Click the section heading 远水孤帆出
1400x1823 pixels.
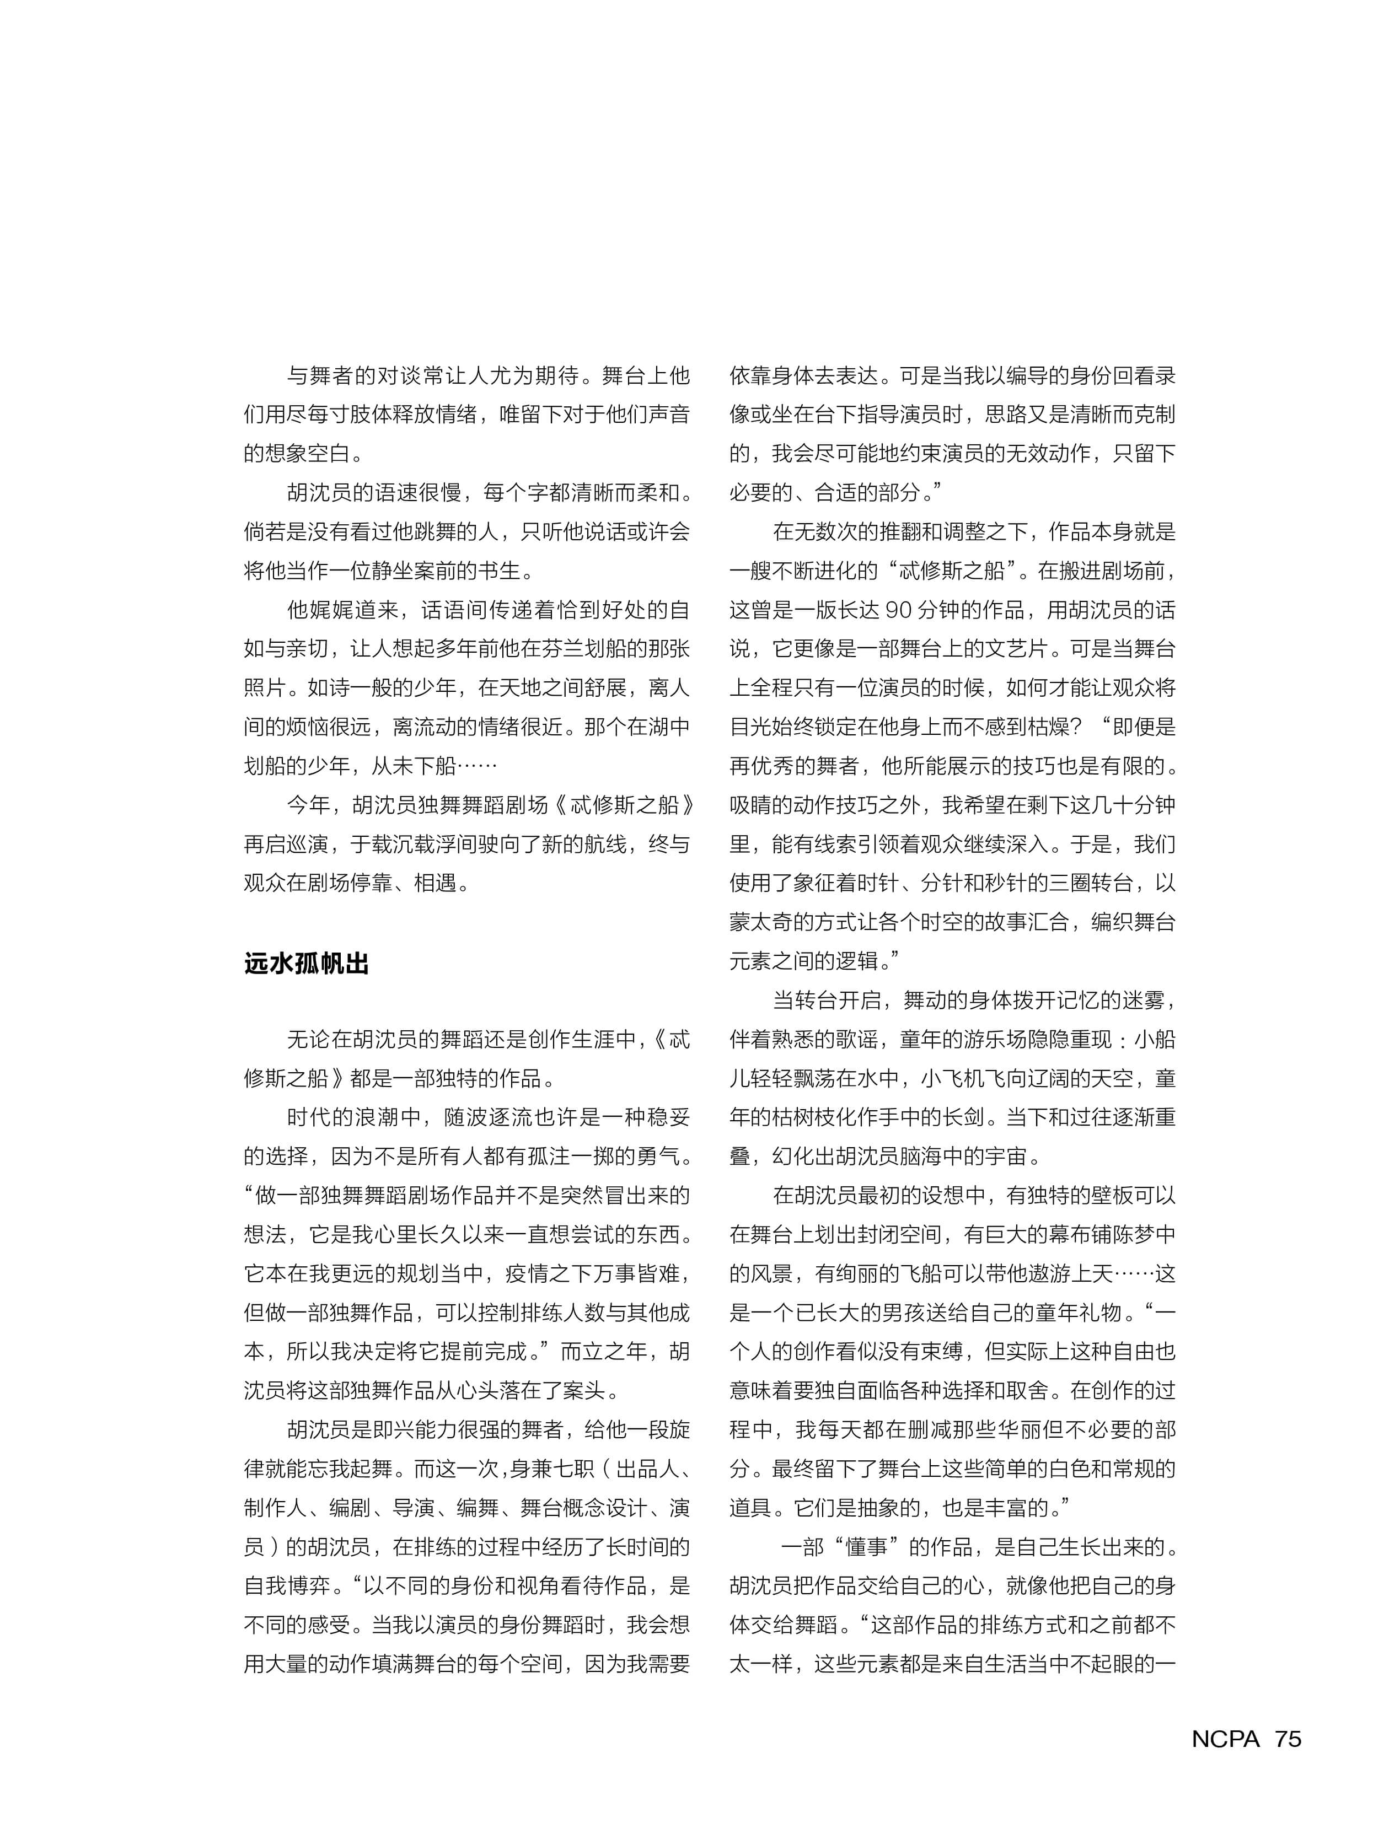pyautogui.click(x=306, y=964)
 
